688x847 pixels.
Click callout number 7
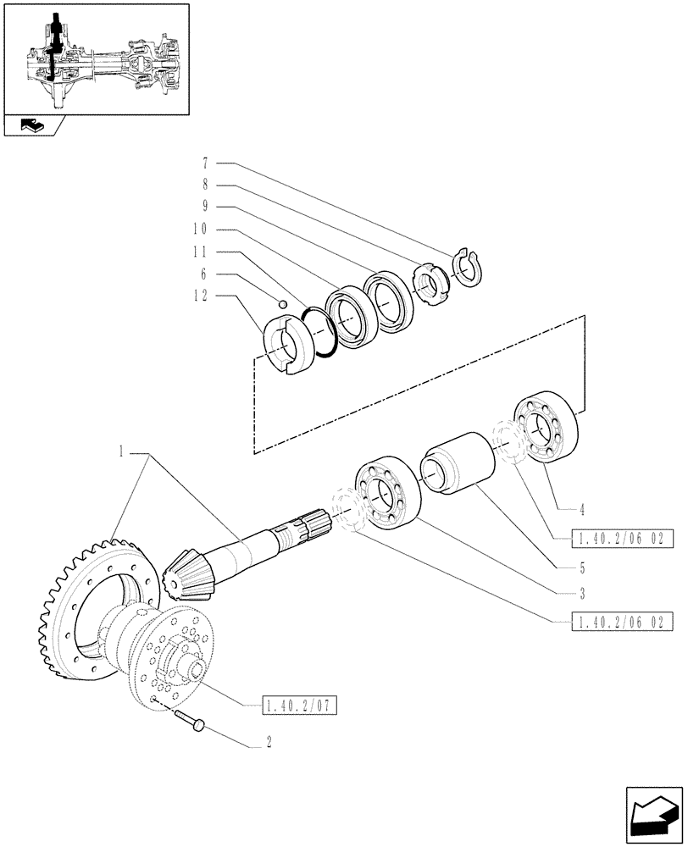[205, 162]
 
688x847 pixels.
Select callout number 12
[201, 296]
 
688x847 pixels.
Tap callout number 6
[205, 274]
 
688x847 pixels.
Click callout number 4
[583, 511]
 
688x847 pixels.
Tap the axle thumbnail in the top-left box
[96, 58]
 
